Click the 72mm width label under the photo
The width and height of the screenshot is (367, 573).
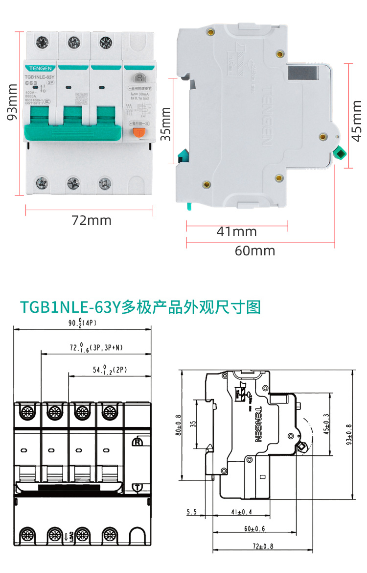coord(92,220)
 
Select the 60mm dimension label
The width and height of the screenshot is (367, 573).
coord(255,251)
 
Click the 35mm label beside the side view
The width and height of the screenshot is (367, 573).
coord(166,125)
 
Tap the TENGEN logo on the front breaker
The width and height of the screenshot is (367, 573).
coord(40,69)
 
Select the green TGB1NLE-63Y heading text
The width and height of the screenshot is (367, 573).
coord(140,307)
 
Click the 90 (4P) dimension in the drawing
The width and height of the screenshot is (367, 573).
coord(82,323)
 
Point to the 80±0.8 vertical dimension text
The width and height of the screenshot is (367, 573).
coord(179,425)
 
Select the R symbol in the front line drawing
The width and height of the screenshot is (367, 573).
coord(138,442)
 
